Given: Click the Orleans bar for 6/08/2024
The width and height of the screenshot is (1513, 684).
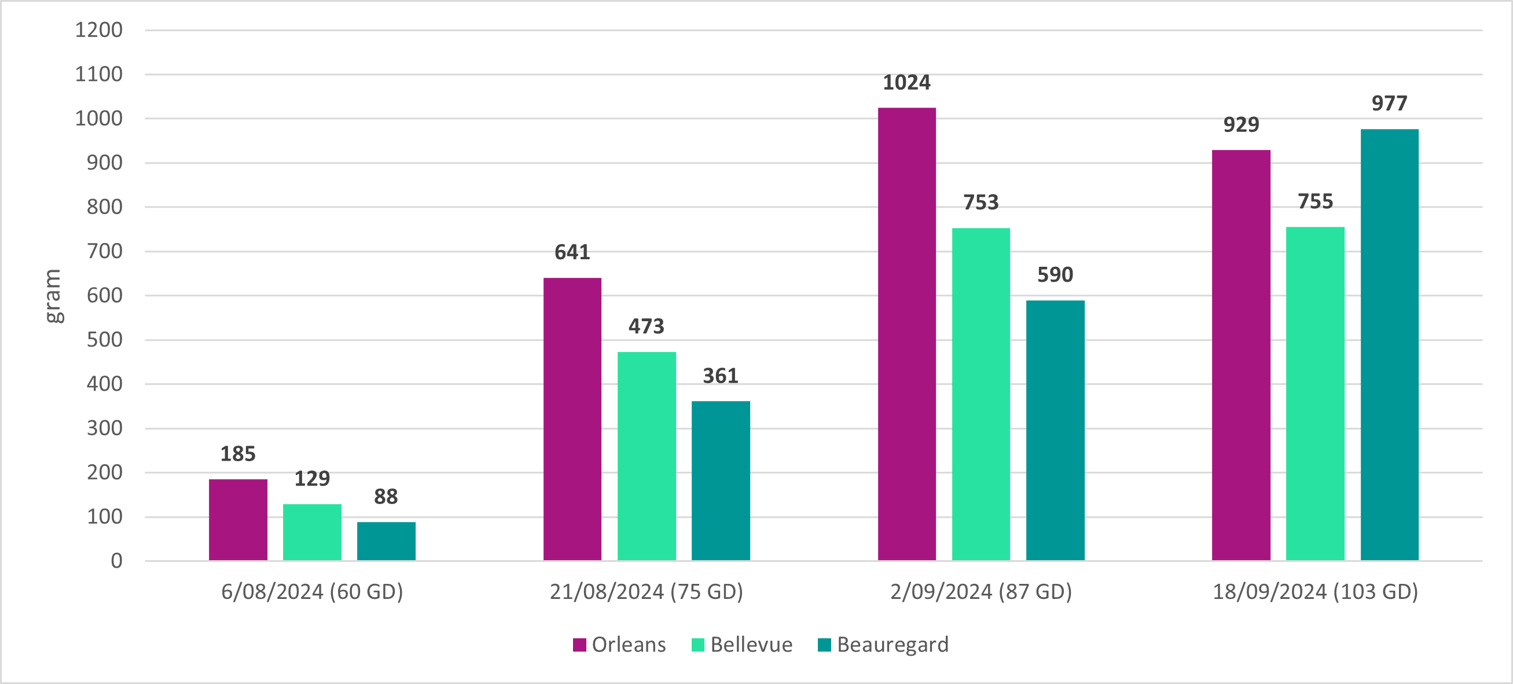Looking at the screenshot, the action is (238, 520).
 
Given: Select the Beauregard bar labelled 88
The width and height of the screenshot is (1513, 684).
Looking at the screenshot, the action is (386, 541).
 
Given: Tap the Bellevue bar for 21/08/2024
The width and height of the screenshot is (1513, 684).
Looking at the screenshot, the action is (647, 456).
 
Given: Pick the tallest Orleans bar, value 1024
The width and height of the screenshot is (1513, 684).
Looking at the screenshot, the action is (907, 334).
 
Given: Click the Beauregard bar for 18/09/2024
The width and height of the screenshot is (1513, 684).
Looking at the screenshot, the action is (1390, 345).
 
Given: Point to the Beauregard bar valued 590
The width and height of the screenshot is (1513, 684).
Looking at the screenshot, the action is (1056, 431).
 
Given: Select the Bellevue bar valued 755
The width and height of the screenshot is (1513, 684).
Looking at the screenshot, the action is (1315, 394).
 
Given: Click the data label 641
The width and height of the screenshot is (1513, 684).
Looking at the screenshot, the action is (572, 252).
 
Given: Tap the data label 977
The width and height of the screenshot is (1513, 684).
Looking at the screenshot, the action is (1390, 104).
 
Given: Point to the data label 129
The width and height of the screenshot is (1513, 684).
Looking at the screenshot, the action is (312, 479).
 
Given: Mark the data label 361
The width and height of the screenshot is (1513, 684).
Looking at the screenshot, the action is (721, 376).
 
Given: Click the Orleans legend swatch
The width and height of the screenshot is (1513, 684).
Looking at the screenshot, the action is (580, 645).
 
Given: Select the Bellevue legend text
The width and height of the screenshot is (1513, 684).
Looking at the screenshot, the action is (751, 645).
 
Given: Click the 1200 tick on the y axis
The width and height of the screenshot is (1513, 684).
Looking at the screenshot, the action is (98, 30).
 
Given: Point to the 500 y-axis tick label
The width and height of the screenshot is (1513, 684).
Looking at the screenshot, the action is (105, 340).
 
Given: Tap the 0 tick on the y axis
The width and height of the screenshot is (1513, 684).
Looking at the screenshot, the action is (116, 561).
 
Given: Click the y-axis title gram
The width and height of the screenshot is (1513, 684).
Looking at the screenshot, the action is (53, 296).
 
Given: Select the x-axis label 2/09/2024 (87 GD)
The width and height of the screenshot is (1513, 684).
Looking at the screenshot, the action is (981, 591).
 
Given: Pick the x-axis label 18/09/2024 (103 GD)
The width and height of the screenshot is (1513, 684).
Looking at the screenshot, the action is (1316, 591).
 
